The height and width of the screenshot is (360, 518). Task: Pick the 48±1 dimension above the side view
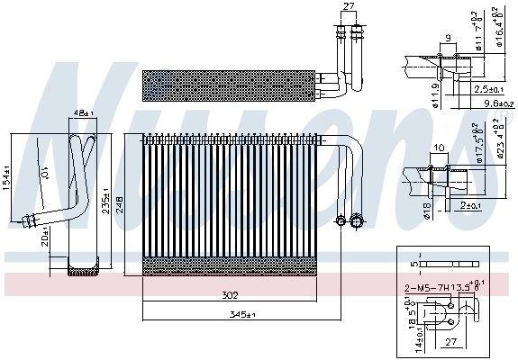83,113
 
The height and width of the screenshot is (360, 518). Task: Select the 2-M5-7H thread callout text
427,289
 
